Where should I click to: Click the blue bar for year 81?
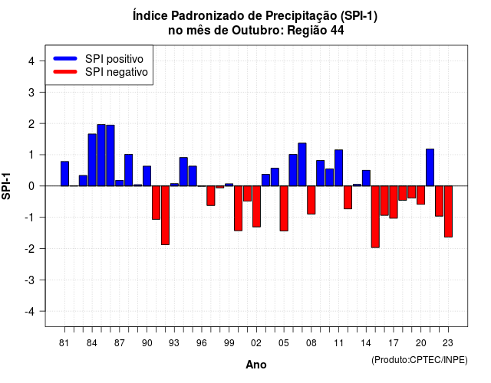pyautogui.click(x=64, y=174)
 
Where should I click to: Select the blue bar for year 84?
pyautogui.click(x=92, y=160)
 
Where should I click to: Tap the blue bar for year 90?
pyautogui.click(x=147, y=176)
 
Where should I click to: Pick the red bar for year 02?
pyautogui.click(x=256, y=206)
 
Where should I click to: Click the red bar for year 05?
pyautogui.click(x=284, y=208)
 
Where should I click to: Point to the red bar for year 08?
pyautogui.click(x=311, y=200)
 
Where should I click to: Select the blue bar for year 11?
pyautogui.click(x=338, y=168)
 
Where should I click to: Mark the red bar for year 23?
pyautogui.click(x=448, y=211)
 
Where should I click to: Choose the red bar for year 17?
pyautogui.click(x=394, y=202)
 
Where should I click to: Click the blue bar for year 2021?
pyautogui.click(x=430, y=168)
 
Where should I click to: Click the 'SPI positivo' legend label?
pyautogui.click(x=114, y=59)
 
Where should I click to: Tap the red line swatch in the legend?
pyautogui.click(x=65, y=72)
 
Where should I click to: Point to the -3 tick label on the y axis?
pyautogui.click(x=30, y=280)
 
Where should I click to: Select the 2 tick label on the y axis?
pyautogui.click(x=31, y=124)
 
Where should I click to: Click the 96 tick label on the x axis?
pyautogui.click(x=202, y=343)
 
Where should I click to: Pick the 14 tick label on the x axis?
pyautogui.click(x=366, y=343)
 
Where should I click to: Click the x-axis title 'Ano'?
pyautogui.click(x=256, y=365)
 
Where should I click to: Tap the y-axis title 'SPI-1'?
pyautogui.click(x=6, y=186)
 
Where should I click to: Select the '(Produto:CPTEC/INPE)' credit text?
pyautogui.click(x=420, y=360)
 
